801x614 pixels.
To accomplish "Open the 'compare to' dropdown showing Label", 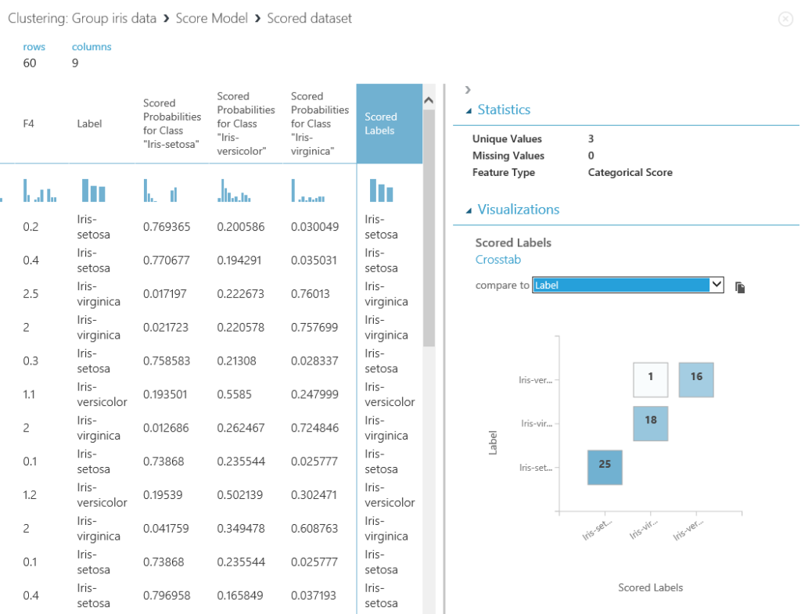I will point(628,285).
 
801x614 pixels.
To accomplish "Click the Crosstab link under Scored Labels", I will point(498,260).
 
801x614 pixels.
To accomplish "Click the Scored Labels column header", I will point(381,124).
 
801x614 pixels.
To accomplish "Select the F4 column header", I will point(29,124).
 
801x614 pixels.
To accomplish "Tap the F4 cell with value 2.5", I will point(30,294).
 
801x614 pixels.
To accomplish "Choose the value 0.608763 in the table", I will point(314,529).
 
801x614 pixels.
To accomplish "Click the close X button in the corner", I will point(785,20).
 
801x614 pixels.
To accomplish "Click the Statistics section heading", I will point(504,110).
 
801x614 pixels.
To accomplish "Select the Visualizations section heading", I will point(518,210).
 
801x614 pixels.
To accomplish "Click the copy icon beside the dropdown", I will point(740,287).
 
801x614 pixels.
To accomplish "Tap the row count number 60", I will point(30,63).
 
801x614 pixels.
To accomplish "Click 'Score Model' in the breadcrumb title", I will point(211,18).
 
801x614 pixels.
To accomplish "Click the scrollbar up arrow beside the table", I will point(428,100).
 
